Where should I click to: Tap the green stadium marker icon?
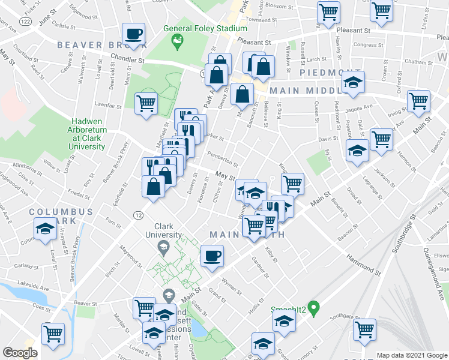[x=177, y=40]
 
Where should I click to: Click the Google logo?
[x=20, y=353]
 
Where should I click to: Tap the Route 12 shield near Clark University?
[x=139, y=215]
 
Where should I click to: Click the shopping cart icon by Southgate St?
[x=364, y=329]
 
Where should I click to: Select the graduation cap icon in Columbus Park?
[x=44, y=229]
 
